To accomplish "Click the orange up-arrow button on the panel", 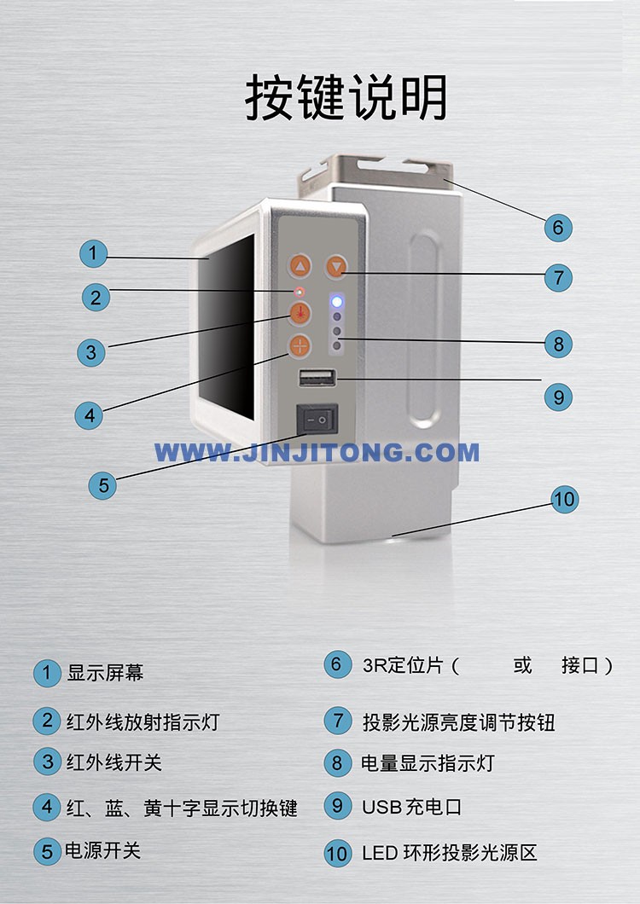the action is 300,266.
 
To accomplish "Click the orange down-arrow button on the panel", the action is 336,266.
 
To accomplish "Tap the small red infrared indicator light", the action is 299,291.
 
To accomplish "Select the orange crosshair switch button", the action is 300,346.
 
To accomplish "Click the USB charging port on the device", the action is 317,378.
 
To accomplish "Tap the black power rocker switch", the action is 317,420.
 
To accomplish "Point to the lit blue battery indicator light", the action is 337,302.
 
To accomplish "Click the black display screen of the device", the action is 227,327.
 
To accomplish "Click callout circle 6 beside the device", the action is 558,228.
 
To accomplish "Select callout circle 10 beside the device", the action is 564,499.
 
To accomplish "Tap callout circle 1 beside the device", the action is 93,253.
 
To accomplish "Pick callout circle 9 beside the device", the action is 558,397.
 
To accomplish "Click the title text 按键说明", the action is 346,97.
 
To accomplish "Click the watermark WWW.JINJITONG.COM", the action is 317,453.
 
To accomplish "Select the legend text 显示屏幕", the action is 105,673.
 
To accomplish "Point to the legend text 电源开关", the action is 102,851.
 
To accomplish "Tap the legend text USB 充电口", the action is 411,807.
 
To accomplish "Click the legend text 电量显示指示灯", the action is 428,763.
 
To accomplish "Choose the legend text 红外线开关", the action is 113,762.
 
